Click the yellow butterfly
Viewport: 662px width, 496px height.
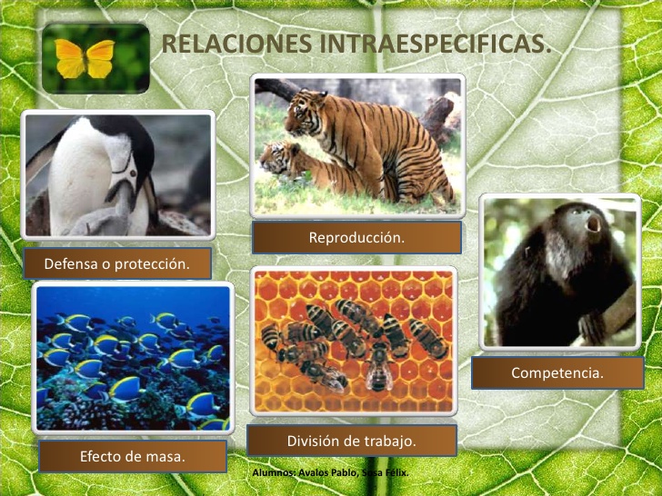click(85, 59)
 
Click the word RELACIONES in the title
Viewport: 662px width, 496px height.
click(236, 44)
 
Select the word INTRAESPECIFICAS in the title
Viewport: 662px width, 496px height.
click(433, 44)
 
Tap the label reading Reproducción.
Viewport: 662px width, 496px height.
click(356, 237)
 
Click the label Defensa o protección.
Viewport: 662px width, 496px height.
click(117, 263)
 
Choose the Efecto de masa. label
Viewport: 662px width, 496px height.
click(133, 456)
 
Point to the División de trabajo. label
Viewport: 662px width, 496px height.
click(352, 441)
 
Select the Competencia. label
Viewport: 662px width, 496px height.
click(557, 372)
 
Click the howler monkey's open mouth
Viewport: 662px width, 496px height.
click(595, 223)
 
